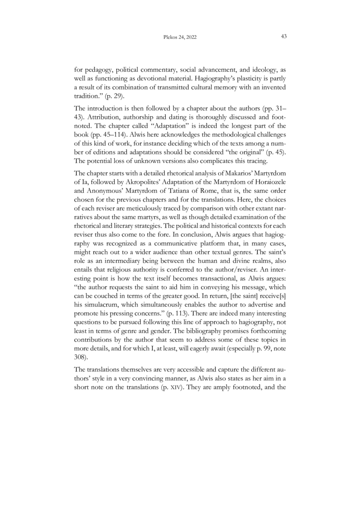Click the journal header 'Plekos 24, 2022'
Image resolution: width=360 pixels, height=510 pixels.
(x=180, y=37)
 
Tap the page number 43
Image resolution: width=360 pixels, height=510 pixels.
(x=284, y=37)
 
